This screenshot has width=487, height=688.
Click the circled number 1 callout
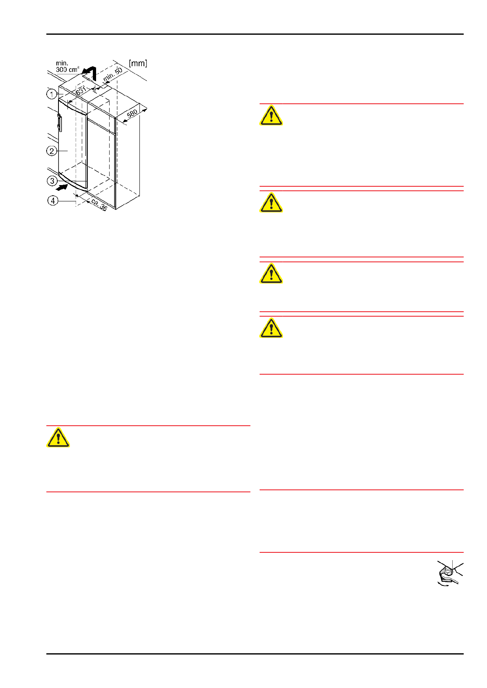[x=52, y=94]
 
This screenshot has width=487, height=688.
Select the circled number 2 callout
[x=52, y=151]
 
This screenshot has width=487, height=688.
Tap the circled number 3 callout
[x=52, y=181]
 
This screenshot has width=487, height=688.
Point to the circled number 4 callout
[x=53, y=201]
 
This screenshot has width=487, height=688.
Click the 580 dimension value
[x=132, y=114]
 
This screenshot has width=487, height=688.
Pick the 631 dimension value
[x=81, y=91]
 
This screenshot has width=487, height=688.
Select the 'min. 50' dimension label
[x=113, y=74]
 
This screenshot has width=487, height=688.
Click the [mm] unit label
[x=138, y=63]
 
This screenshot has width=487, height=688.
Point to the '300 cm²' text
[x=67, y=69]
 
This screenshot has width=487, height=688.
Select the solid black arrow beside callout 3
[x=61, y=187]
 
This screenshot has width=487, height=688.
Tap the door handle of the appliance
[x=60, y=123]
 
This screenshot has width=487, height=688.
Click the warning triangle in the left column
[x=58, y=438]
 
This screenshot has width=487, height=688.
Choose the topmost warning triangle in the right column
[x=271, y=115]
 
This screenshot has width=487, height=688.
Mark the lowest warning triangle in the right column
[x=271, y=328]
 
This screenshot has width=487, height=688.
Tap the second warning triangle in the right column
[x=271, y=203]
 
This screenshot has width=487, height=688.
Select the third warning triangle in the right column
[x=271, y=274]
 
